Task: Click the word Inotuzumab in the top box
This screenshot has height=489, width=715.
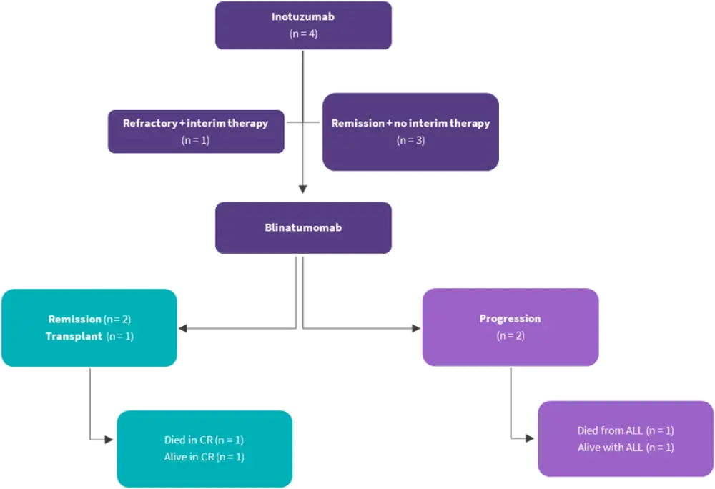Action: (x=303, y=17)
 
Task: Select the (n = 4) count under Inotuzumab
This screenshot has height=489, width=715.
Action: (x=303, y=34)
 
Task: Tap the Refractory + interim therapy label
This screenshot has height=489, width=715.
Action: (x=195, y=123)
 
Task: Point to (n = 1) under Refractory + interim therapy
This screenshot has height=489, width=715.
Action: (x=195, y=140)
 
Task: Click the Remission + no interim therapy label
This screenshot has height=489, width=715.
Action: (x=410, y=123)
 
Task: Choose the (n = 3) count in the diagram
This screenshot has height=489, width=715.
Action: (x=410, y=140)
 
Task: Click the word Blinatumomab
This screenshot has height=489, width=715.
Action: (x=303, y=228)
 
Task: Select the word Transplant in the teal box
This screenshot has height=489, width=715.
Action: (x=72, y=336)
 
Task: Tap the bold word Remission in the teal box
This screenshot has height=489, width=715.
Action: (x=74, y=319)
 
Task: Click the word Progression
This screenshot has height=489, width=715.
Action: (x=510, y=319)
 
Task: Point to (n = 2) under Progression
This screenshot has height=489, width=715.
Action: (x=510, y=335)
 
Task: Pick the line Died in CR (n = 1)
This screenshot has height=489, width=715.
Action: (x=204, y=440)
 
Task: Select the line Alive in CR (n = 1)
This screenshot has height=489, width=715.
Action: (x=204, y=457)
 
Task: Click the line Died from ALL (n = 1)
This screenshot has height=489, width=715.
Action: (x=626, y=430)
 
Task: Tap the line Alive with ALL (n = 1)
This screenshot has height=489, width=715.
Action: (x=626, y=448)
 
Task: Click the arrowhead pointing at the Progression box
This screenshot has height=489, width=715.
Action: (x=414, y=329)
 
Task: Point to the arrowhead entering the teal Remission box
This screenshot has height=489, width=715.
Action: (x=184, y=329)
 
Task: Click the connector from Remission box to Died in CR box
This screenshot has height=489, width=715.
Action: (x=89, y=407)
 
